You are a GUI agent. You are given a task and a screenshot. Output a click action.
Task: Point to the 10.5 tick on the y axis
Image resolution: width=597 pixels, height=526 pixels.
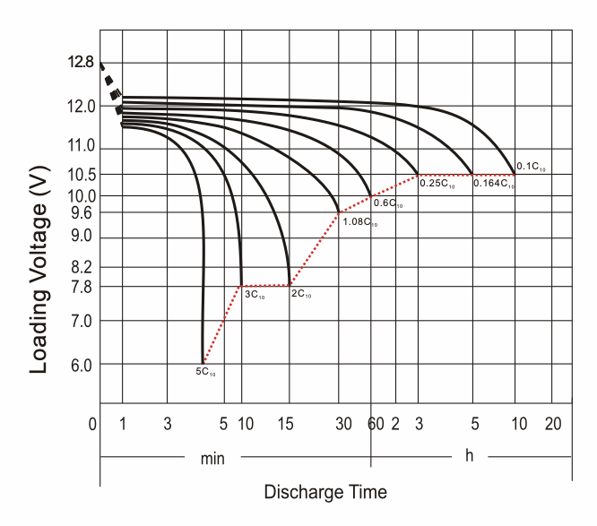pos(80,173)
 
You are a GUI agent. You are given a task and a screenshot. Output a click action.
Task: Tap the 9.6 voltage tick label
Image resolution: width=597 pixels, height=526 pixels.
pos(80,213)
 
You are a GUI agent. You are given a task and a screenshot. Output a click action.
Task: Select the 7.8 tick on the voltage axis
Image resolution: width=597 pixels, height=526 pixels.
pos(80,287)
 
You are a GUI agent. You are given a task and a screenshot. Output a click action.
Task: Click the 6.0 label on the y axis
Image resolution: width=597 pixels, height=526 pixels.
pos(80,364)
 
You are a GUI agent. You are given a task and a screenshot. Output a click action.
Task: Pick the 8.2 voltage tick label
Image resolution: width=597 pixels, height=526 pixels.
pos(80,267)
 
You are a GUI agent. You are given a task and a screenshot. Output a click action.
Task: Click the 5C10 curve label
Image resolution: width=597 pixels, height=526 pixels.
pos(205,371)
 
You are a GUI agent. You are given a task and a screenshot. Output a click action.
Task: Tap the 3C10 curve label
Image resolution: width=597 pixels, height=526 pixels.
pos(255,294)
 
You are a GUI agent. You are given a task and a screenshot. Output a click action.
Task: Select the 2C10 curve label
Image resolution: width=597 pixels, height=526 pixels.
pos(301,294)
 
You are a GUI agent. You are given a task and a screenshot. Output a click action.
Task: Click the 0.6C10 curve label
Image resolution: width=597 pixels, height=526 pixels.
pos(387,204)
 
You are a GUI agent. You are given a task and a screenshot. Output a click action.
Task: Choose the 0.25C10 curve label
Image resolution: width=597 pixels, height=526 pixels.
pos(437,184)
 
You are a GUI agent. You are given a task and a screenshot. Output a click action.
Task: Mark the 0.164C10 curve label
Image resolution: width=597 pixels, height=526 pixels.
pos(494,184)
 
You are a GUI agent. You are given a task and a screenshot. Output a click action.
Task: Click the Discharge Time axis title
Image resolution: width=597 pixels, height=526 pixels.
pos(325,492)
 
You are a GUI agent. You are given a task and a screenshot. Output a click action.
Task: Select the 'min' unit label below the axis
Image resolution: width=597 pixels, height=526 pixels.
pos(212,458)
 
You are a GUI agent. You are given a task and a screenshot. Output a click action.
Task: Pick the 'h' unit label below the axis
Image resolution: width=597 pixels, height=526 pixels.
pos(469,456)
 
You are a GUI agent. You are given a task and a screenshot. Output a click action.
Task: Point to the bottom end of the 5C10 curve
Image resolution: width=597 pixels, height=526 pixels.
pos(203,362)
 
